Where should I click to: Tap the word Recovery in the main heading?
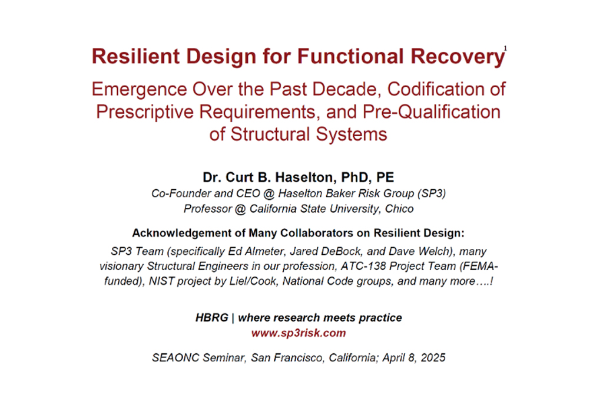coord(458,57)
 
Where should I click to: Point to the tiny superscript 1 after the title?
coord(505,48)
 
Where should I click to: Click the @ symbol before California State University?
coord(240,209)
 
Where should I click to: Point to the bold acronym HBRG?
coord(212,318)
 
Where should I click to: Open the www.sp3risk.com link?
coord(299,333)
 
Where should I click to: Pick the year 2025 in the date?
coord(433,358)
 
